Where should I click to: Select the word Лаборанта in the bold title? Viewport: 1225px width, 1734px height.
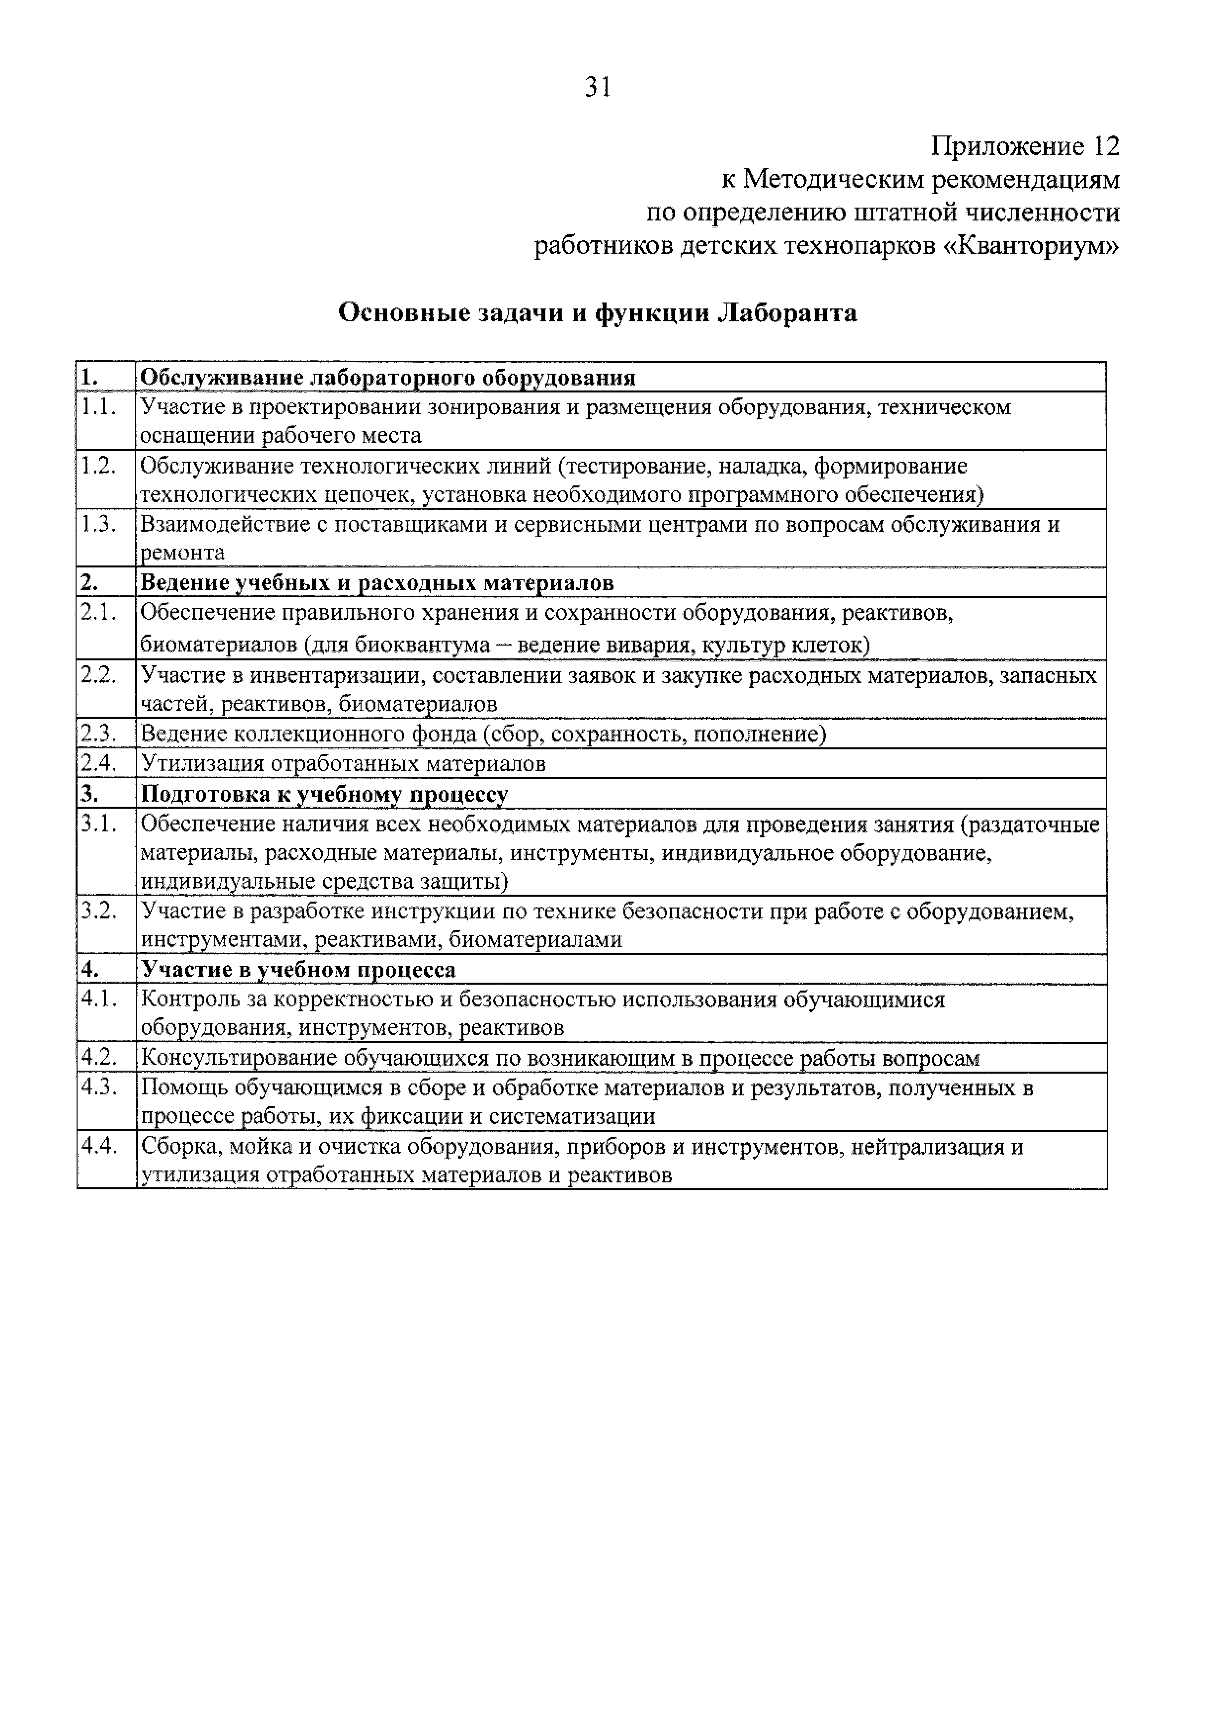786,313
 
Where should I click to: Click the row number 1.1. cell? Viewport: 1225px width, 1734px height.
100,408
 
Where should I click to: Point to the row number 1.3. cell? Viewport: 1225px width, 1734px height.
100,525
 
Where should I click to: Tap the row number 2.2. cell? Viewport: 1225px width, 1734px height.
100,675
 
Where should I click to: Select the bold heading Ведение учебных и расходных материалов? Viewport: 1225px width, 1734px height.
377,583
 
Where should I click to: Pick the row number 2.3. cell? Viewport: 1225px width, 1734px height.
100,734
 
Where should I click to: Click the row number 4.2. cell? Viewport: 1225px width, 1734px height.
100,1059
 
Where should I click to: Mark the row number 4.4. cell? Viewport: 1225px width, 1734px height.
100,1147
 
